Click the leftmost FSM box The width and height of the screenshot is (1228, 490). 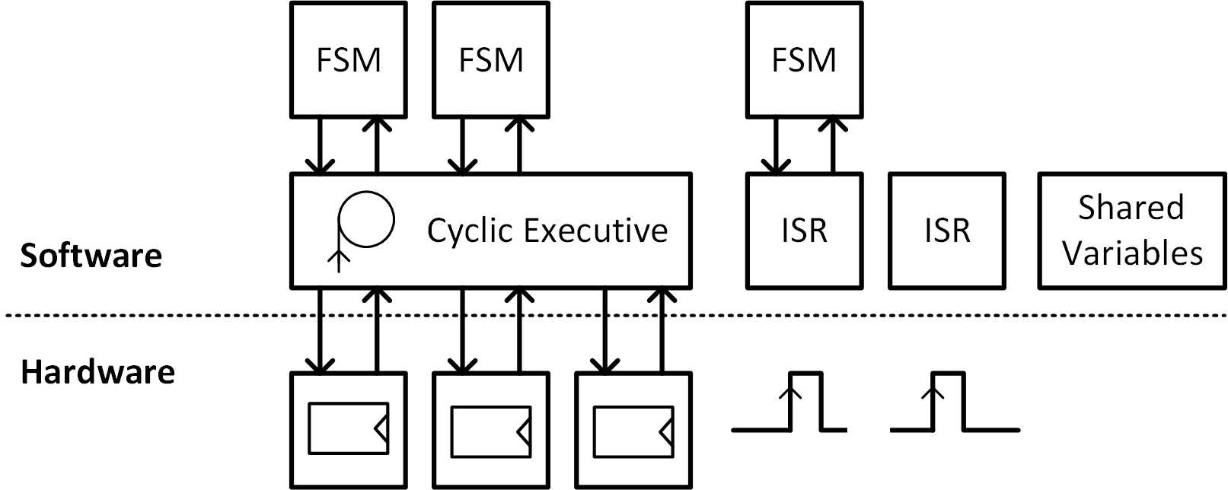[x=348, y=59]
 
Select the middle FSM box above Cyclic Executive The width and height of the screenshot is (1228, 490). [x=490, y=59]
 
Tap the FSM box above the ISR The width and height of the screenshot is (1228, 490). [x=804, y=59]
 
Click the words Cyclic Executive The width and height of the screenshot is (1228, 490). [x=547, y=230]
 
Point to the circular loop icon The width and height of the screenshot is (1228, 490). [x=366, y=220]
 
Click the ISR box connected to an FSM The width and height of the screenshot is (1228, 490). [x=804, y=231]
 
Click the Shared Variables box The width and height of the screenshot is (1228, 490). [x=1132, y=231]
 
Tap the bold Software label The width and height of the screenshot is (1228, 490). [x=91, y=256]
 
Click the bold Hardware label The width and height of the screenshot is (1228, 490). [x=97, y=373]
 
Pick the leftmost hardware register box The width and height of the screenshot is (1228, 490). [x=348, y=430]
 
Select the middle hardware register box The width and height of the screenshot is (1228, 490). [x=490, y=430]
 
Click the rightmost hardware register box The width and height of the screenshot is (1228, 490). [x=633, y=430]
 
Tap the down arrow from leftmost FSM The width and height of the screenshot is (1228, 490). [x=320, y=145]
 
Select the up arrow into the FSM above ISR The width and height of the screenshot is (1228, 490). [x=833, y=145]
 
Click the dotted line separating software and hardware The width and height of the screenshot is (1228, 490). [x=152, y=315]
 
